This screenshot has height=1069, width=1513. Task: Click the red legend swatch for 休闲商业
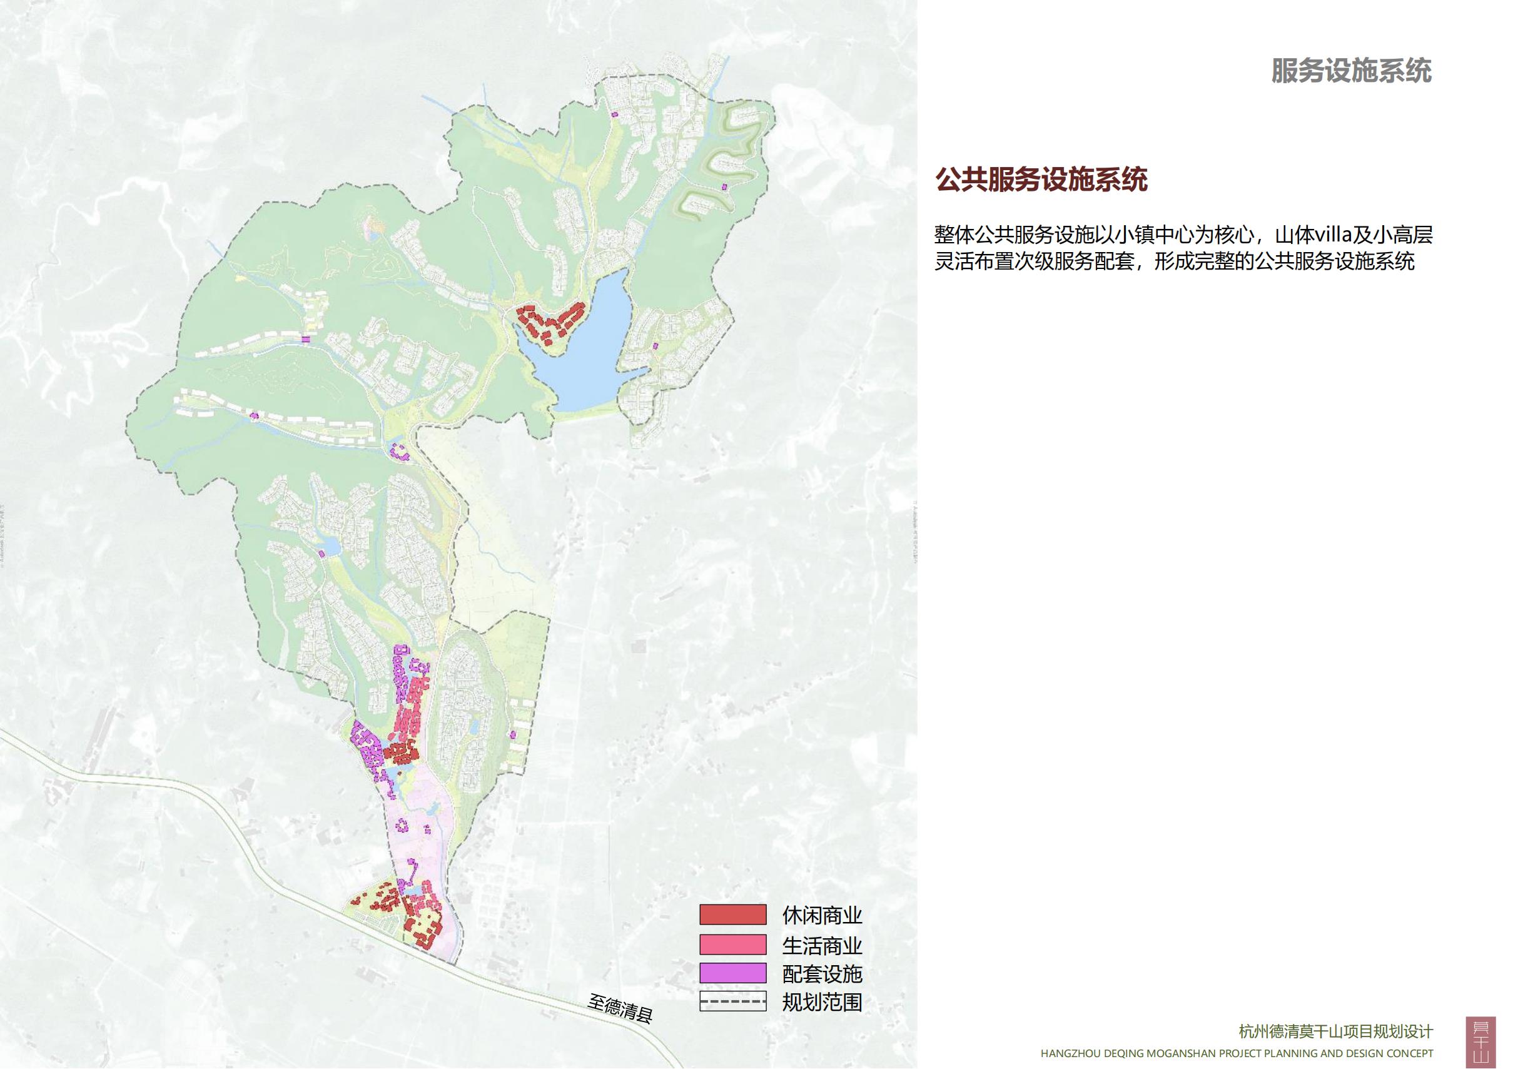(733, 914)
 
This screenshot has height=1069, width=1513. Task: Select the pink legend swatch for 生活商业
(733, 945)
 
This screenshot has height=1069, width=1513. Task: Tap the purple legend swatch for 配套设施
(733, 973)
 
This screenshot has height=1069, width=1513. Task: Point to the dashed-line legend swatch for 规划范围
(733, 1003)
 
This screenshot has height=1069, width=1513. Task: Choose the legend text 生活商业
(822, 945)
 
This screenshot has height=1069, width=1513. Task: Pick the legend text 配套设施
(822, 974)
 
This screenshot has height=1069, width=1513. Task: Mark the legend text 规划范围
(822, 1003)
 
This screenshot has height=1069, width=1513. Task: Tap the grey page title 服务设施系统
(1352, 71)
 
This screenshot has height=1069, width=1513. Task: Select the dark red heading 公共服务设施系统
(1041, 180)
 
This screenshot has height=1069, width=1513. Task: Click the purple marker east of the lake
(655, 345)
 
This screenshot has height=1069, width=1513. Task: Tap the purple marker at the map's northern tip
(615, 114)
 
